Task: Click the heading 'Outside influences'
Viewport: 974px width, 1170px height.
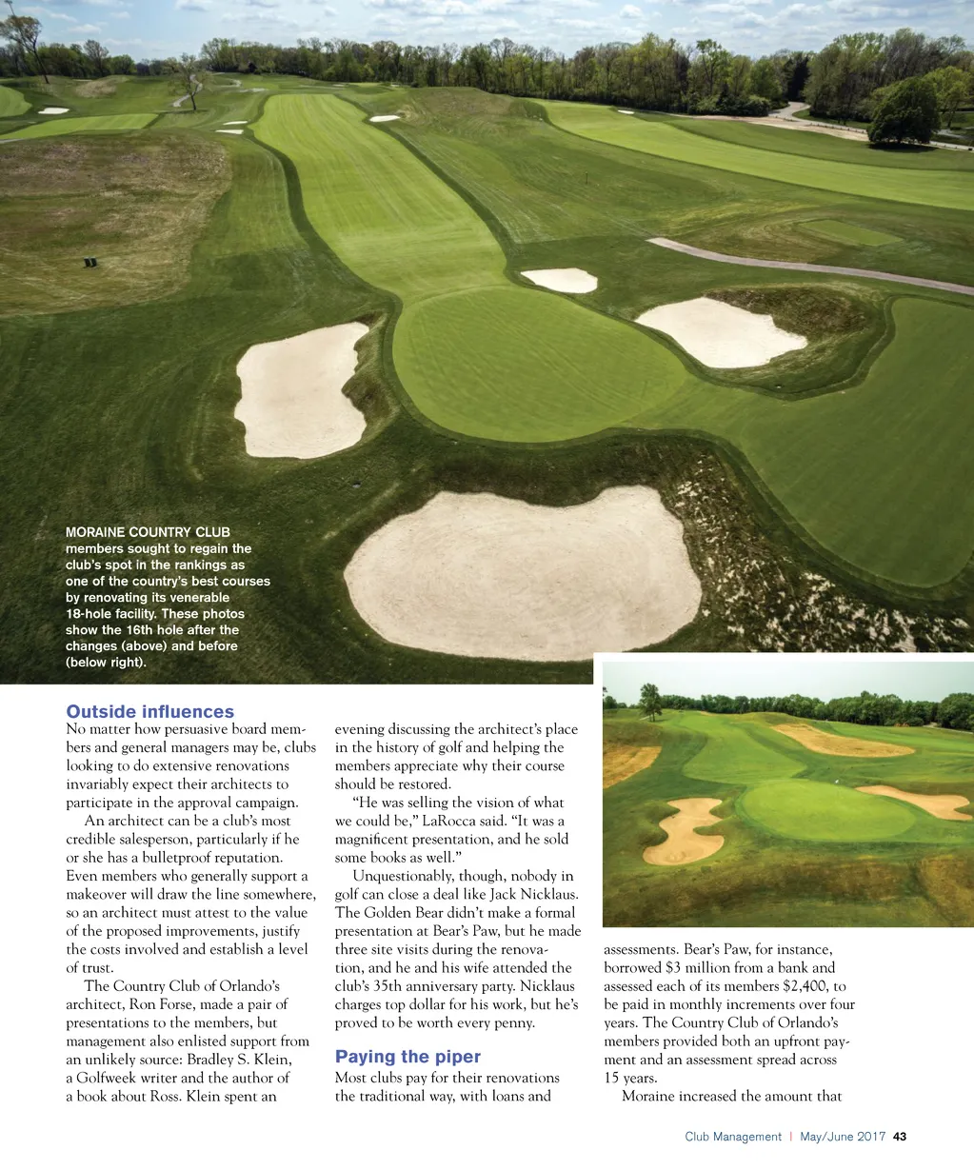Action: click(x=149, y=711)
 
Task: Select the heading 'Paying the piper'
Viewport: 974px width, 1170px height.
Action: click(x=407, y=1057)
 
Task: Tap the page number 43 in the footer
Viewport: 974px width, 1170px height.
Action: click(x=900, y=1137)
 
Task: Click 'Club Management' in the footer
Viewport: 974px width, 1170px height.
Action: click(x=732, y=1137)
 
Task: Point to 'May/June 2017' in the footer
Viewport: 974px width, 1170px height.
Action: click(x=843, y=1137)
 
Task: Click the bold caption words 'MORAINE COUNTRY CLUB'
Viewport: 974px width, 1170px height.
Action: click(x=148, y=532)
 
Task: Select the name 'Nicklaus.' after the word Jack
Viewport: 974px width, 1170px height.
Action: click(x=544, y=894)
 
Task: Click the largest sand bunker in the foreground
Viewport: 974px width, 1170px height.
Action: click(x=524, y=574)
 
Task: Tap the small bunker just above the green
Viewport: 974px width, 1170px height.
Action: click(x=559, y=280)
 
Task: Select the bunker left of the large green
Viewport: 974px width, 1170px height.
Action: click(x=301, y=390)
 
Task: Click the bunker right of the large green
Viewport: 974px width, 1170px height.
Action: click(x=720, y=332)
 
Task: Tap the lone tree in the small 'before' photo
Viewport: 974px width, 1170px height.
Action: click(x=651, y=699)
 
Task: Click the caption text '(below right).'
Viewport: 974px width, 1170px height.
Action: click(x=106, y=662)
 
